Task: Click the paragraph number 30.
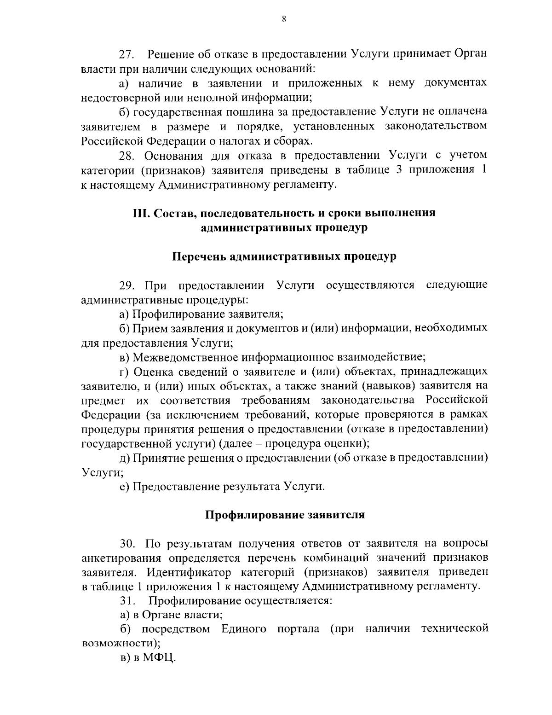[127, 544]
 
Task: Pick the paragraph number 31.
[126, 601]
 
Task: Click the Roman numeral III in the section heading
[141, 214]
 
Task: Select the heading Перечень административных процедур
[284, 257]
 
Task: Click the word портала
[298, 629]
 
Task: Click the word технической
[454, 629]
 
